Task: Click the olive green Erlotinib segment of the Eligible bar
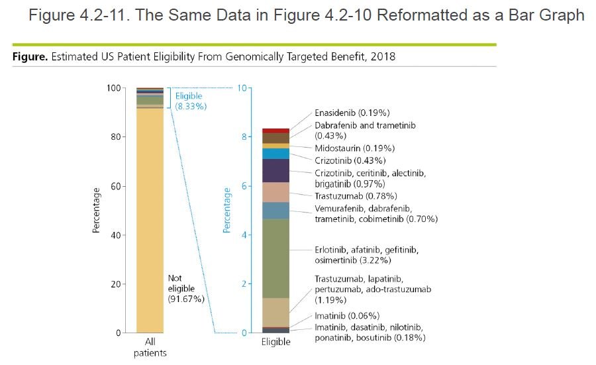(275, 258)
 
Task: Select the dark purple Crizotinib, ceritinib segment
(275, 170)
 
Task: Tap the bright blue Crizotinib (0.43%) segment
(275, 154)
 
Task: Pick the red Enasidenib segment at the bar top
(275, 130)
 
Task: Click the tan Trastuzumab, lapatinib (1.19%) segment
(275, 312)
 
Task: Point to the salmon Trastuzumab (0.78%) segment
(275, 192)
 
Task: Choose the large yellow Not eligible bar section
(150, 219)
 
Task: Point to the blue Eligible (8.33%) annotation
(189, 101)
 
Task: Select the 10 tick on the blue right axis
(242, 88)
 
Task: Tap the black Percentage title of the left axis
(97, 210)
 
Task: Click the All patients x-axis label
(150, 347)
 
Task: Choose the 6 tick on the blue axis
(244, 186)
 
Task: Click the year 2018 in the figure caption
(383, 57)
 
